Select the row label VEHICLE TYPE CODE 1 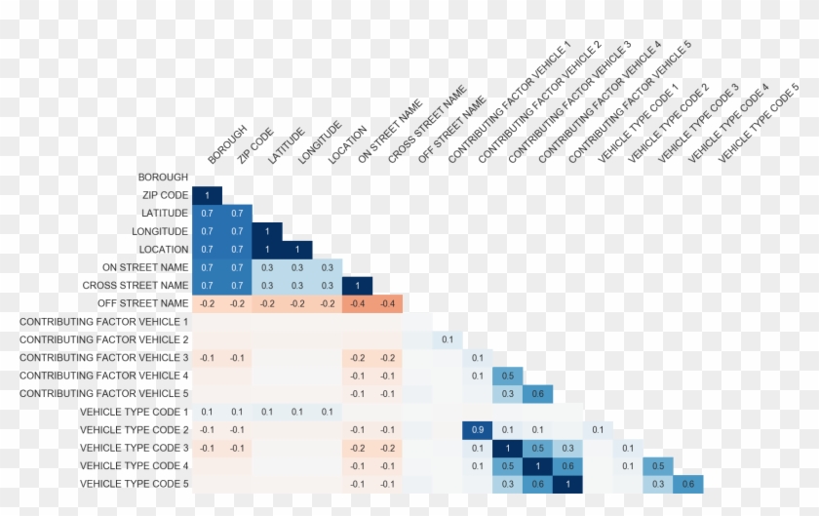[x=134, y=412]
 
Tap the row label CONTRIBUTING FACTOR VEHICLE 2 [x=103, y=339]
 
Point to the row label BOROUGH [x=163, y=178]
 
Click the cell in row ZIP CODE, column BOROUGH [x=208, y=195]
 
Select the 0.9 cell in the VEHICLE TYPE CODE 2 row [x=477, y=429]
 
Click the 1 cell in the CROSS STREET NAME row [x=357, y=285]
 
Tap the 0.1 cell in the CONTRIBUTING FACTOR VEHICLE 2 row [x=447, y=339]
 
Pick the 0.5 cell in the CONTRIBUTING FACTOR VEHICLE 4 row [x=507, y=376]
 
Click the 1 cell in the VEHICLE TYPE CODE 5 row [x=566, y=484]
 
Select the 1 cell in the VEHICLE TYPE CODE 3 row [x=507, y=448]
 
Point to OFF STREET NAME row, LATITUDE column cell [x=267, y=303]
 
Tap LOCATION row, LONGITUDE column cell [x=297, y=249]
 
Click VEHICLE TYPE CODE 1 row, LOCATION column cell [x=327, y=412]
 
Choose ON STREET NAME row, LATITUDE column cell [x=267, y=267]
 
